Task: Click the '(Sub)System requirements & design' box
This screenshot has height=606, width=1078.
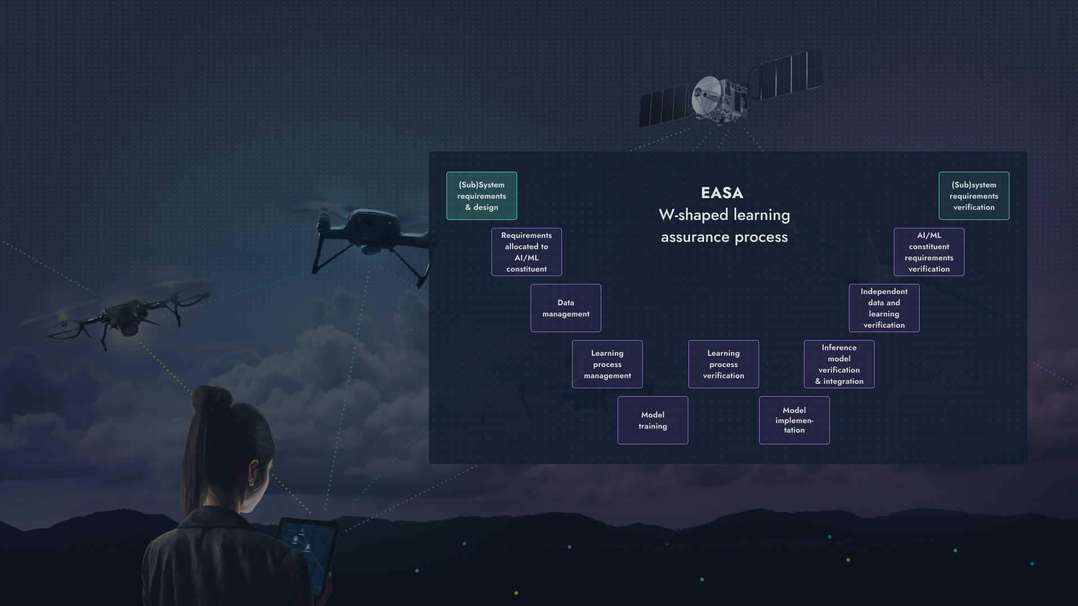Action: coord(481,196)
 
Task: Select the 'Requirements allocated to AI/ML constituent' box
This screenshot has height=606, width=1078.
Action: coord(526,252)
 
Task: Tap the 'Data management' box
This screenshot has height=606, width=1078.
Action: coord(565,308)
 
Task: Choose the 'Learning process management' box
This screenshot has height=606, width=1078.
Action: coord(607,364)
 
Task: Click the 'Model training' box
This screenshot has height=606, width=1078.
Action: coord(652,420)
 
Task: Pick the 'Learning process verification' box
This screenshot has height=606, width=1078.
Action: coord(723,364)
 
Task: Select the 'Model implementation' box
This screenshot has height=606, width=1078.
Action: coord(794,420)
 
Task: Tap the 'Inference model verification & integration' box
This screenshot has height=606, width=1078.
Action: coord(839,364)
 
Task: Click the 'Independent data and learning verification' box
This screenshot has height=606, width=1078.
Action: coord(884,308)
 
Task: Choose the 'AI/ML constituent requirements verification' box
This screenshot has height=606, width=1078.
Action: coord(929,252)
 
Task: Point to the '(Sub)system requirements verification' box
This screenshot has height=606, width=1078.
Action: coord(974,196)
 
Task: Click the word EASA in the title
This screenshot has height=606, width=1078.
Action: coord(722,193)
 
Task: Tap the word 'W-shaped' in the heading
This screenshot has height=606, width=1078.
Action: coord(693,215)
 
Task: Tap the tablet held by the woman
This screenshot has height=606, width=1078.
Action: coord(307,553)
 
